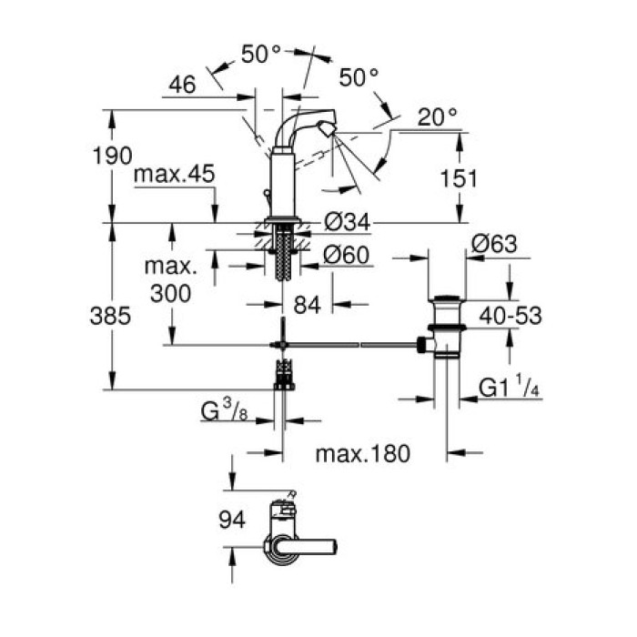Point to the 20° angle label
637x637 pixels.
438,116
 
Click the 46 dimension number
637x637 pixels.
182,86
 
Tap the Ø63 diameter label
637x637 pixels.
494,243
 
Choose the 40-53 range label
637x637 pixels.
511,316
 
